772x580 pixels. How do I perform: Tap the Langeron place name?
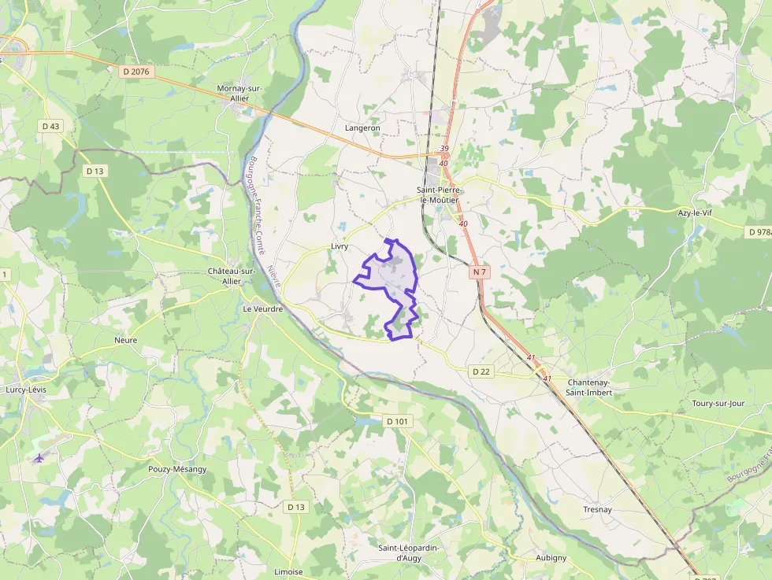[x=362, y=127]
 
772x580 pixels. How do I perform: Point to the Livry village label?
[x=340, y=246]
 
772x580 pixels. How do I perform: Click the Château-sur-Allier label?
[x=231, y=275]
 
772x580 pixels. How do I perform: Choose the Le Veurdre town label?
[x=262, y=308]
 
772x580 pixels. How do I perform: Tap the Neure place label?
[x=125, y=341]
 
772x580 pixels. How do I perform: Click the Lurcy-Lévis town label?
[x=27, y=390]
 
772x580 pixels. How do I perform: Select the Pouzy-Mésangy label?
[x=177, y=469]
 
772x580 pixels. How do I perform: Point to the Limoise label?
[x=288, y=572]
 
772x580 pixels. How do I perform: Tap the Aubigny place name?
[x=551, y=558]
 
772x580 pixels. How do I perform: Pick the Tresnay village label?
[x=597, y=510]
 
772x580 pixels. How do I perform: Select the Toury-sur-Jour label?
[x=718, y=404]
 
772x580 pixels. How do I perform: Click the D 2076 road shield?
[x=135, y=72]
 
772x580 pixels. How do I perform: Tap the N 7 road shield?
[x=481, y=272]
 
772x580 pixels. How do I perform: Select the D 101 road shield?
[x=399, y=422]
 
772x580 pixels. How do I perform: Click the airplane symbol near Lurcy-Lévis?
[x=39, y=458]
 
